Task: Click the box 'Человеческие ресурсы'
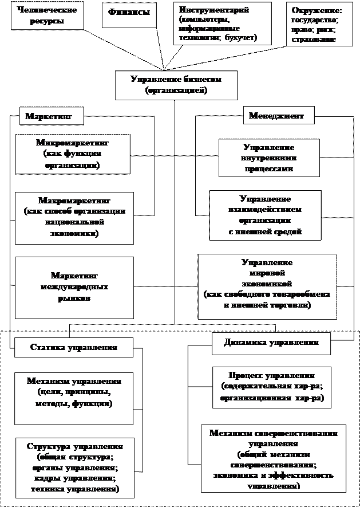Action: click(46, 15)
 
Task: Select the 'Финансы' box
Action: click(130, 13)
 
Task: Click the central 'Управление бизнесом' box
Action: click(176, 85)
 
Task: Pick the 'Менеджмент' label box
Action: click(276, 116)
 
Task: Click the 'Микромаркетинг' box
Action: click(72, 154)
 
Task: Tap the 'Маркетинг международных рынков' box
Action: click(74, 287)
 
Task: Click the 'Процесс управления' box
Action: click(272, 387)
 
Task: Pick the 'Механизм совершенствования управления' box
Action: click(274, 458)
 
